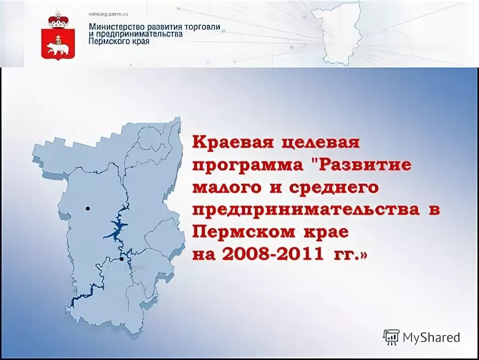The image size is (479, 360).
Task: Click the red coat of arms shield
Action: [x=55, y=44]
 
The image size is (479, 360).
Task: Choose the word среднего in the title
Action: [x=334, y=187]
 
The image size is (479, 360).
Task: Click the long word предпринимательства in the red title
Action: [x=306, y=209]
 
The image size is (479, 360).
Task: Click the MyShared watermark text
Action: [x=431, y=337]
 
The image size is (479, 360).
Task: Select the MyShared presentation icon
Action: [x=391, y=337]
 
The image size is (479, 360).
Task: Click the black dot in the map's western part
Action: [x=88, y=209]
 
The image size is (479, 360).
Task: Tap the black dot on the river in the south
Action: [x=122, y=259]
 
